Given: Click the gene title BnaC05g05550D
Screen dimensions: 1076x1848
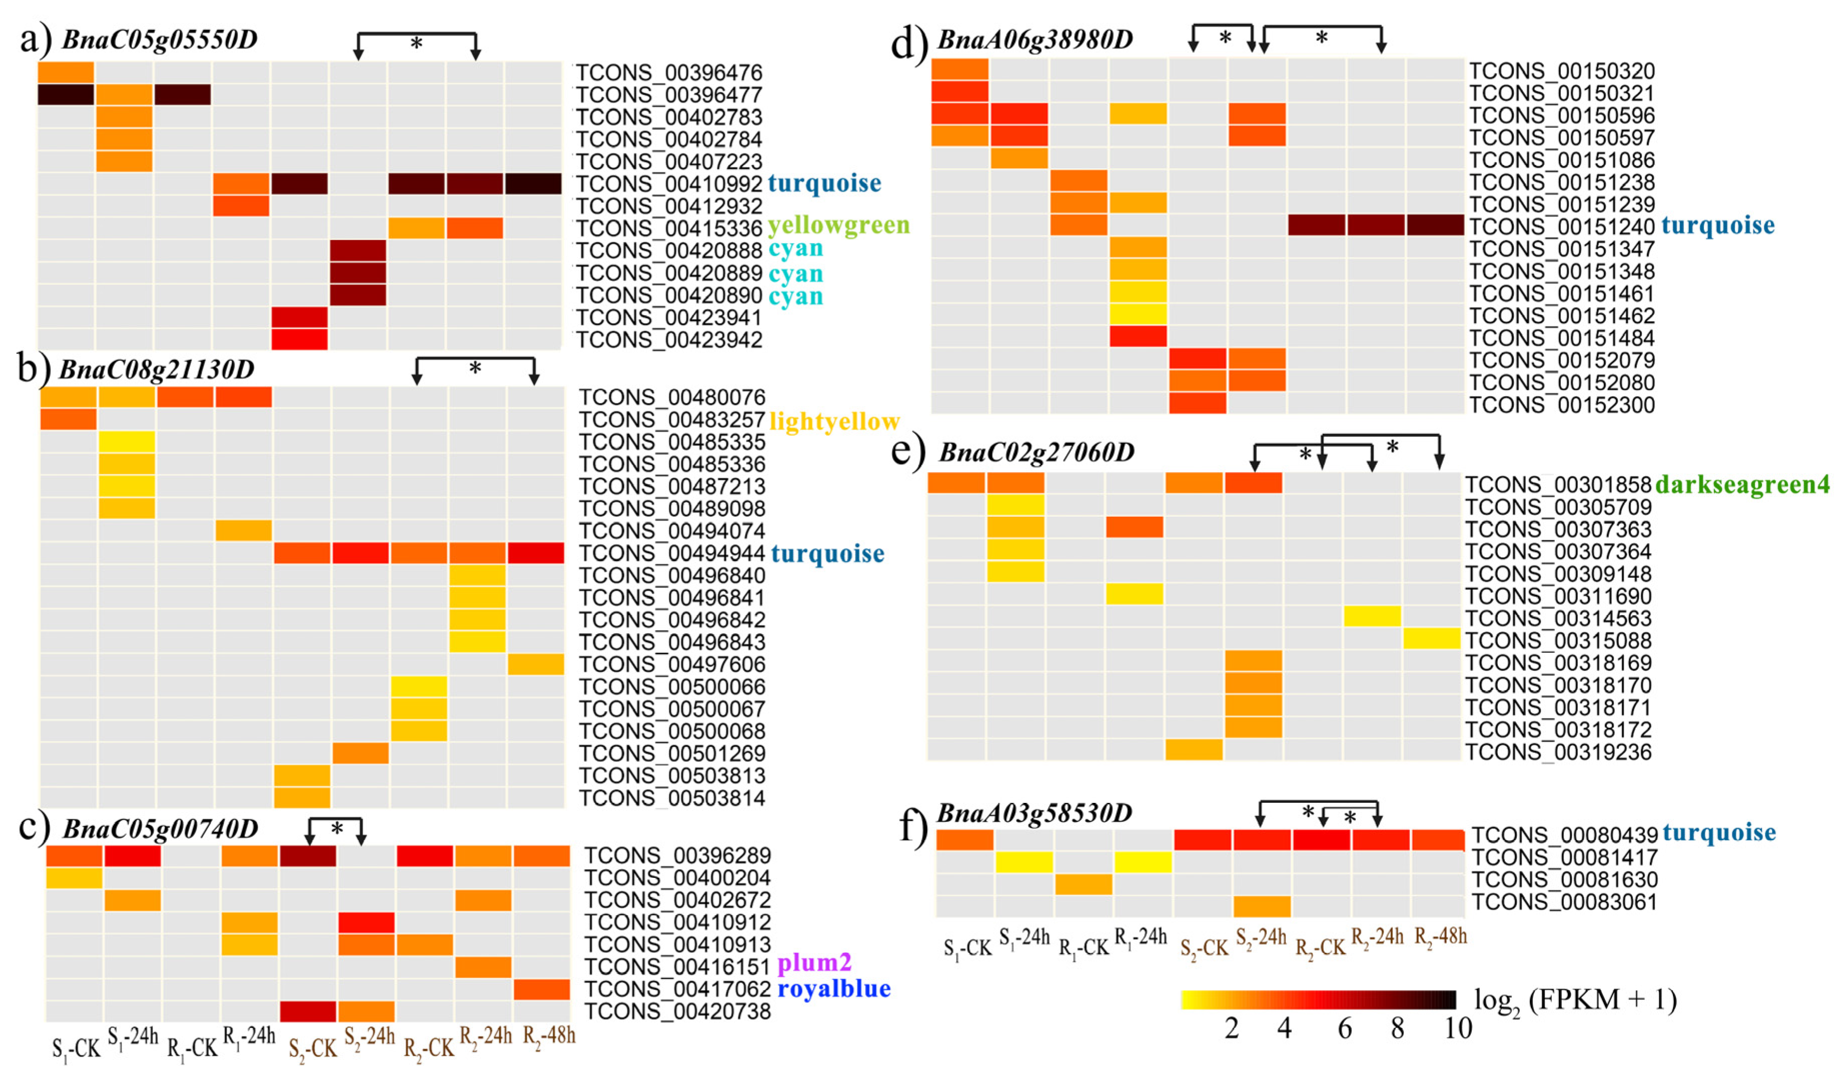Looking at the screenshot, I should coord(160,39).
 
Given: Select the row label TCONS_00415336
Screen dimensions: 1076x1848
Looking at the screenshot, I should coord(669,228).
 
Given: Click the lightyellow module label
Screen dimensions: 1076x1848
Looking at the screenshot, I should coord(834,422).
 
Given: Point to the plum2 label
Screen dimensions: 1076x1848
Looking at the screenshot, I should coord(814,962).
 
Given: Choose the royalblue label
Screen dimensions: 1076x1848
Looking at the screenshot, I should coord(834,989).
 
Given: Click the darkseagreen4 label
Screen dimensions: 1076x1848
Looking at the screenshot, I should coord(1741,484).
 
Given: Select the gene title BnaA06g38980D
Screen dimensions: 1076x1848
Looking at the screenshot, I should coord(1035,39).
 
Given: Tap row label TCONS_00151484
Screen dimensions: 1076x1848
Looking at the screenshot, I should coord(1561,338).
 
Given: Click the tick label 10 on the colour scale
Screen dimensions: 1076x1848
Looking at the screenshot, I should coord(1457,1028).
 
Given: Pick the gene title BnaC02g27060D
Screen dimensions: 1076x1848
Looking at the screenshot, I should coord(1036,452).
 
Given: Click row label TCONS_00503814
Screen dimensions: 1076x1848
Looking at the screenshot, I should coord(672,798).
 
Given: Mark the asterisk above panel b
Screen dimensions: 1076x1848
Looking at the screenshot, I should coord(475,368).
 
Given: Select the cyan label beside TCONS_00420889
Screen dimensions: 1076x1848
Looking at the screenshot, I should coord(795,274).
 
